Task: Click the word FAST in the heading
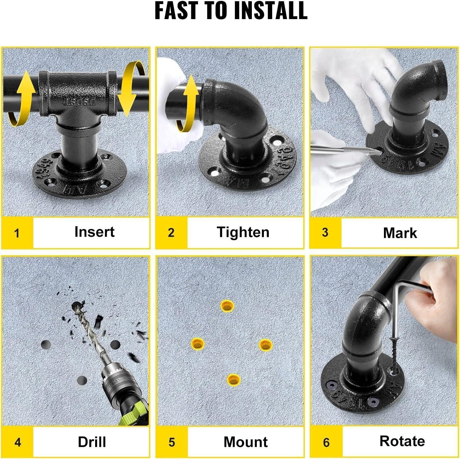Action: click(x=176, y=10)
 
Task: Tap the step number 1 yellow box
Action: click(x=17, y=233)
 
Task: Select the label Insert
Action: click(x=94, y=232)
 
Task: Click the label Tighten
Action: click(x=243, y=232)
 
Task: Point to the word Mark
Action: click(x=400, y=233)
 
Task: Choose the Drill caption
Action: click(x=92, y=442)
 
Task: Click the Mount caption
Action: click(x=245, y=442)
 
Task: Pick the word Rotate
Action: click(x=402, y=441)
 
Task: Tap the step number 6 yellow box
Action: click(x=326, y=442)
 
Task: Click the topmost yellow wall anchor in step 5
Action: click(x=227, y=306)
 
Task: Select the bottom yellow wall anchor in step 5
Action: click(x=234, y=379)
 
